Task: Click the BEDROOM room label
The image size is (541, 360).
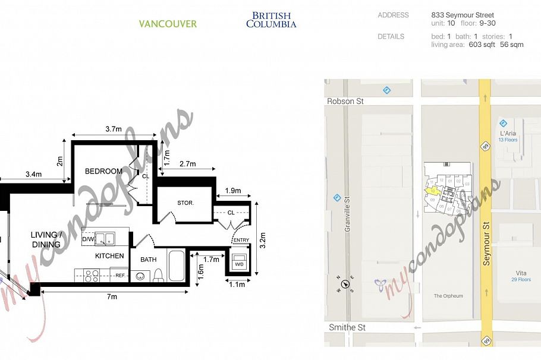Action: (103, 171)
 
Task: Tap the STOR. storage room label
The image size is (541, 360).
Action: (185, 203)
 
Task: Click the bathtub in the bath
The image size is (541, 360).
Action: (177, 266)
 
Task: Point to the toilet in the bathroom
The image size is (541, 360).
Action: (158, 276)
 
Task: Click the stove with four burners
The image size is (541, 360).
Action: (92, 275)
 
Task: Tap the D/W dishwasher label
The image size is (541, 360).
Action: (89, 239)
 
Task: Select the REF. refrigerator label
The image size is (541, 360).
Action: (119, 275)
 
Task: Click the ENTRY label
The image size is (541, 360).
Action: (241, 240)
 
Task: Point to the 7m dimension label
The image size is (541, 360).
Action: (112, 296)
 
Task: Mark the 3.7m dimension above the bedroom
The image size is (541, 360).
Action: (114, 129)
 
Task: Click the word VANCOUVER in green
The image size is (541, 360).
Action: (168, 24)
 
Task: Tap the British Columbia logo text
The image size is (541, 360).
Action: (271, 20)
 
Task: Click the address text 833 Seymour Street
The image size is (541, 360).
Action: (463, 15)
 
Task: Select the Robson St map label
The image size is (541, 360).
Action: (345, 102)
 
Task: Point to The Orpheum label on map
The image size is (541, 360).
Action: (448, 295)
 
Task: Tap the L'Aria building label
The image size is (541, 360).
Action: (508, 133)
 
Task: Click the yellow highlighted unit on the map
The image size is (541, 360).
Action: (433, 191)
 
